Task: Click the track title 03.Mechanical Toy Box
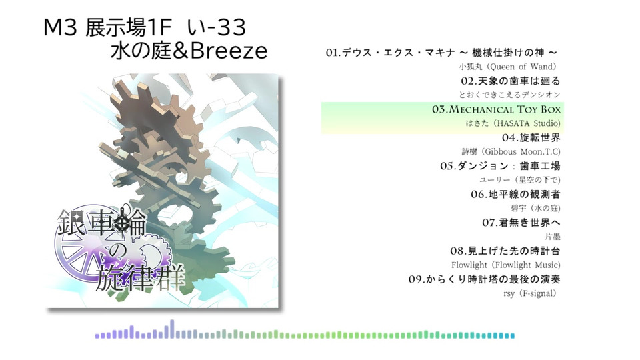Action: (x=496, y=109)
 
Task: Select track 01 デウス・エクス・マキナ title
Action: (x=441, y=53)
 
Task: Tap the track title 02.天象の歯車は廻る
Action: (x=511, y=81)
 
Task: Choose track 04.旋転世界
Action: (x=531, y=137)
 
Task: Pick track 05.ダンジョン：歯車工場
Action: (x=501, y=166)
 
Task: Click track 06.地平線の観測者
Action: (x=515, y=194)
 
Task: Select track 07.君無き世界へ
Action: (x=521, y=223)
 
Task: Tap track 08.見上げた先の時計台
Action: (x=505, y=251)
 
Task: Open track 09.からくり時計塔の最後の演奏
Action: (x=485, y=279)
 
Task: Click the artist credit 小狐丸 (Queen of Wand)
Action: (x=508, y=67)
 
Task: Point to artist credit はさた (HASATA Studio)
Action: (x=513, y=123)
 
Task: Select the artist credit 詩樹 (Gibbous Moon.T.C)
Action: (x=511, y=151)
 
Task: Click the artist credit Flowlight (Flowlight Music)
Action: (x=506, y=265)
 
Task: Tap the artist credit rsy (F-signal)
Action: (x=530, y=293)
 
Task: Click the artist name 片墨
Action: (x=553, y=236)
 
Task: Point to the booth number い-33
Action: (x=216, y=27)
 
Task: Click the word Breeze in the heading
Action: (x=229, y=51)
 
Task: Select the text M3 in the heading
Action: (x=60, y=27)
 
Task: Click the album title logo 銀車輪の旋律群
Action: (x=121, y=250)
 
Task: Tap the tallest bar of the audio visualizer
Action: (x=172, y=329)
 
